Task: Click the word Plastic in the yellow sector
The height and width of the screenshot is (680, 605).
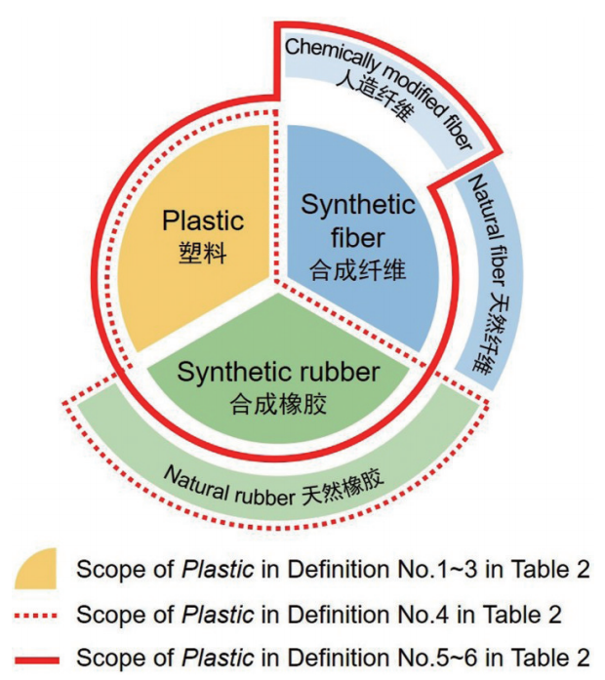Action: pos(203,220)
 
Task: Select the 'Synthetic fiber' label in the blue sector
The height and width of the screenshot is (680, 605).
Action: pos(357,220)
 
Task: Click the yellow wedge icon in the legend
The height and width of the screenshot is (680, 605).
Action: pos(36,570)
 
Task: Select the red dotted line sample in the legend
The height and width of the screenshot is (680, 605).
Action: pos(37,615)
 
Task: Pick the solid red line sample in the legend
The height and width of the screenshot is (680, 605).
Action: pos(37,656)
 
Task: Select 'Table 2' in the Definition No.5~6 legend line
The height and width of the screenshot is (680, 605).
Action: pos(555,656)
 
